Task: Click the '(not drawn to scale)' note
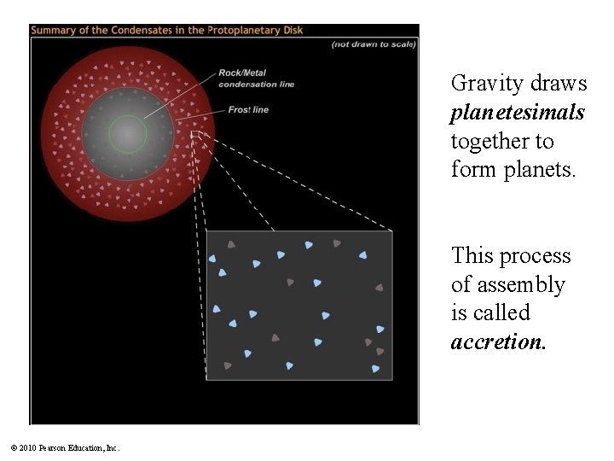[x=374, y=44]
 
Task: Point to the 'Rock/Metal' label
[x=242, y=73]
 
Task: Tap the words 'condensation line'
[x=256, y=84]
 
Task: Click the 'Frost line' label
[x=248, y=109]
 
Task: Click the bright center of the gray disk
[x=127, y=134]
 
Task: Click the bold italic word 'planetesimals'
[x=518, y=113]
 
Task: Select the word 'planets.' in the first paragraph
[x=542, y=169]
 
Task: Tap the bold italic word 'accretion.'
[x=499, y=341]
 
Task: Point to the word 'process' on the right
[x=537, y=256]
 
